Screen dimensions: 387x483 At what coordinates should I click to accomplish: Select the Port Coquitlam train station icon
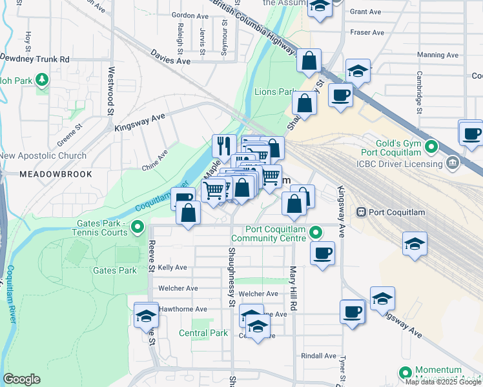coord(362,212)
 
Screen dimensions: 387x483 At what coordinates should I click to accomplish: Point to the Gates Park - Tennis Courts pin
coord(137,226)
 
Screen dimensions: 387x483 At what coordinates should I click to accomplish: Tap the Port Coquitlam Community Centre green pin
coord(315,232)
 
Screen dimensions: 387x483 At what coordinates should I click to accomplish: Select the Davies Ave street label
coord(170,57)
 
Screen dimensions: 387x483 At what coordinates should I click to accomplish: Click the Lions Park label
coord(275,92)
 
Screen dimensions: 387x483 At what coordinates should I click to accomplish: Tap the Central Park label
coord(203,333)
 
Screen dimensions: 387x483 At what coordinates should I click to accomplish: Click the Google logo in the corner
coord(21,379)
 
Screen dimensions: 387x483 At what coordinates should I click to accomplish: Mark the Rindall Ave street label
coord(319,355)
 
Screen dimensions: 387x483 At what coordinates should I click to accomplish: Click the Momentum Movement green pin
coord(406,373)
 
